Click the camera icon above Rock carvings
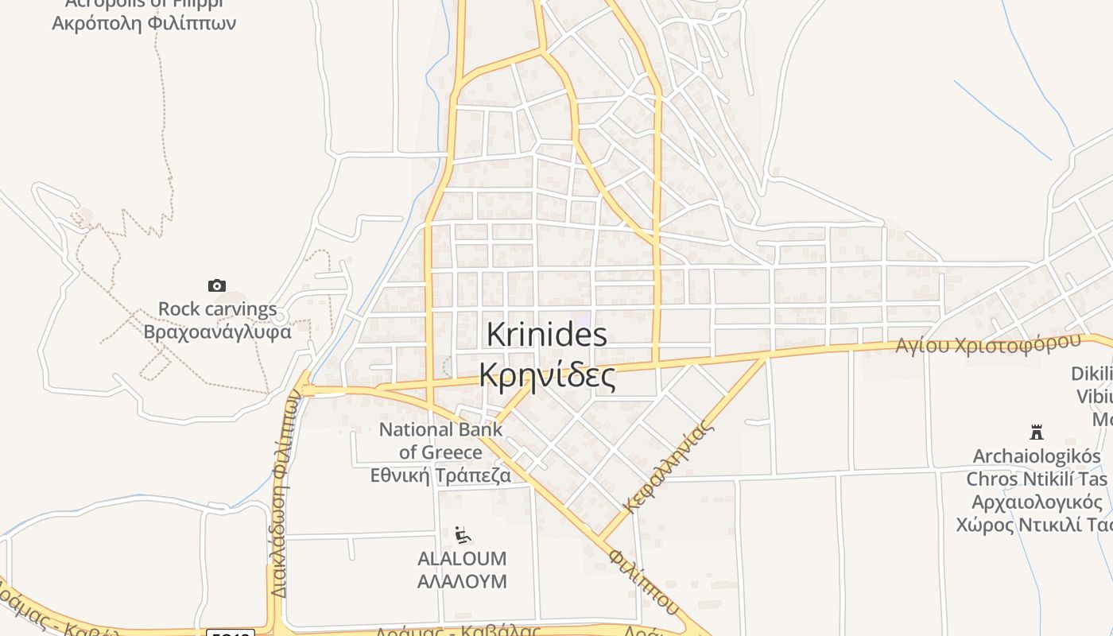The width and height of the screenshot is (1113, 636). click(x=216, y=286)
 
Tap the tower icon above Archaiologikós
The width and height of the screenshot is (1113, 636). click(x=1036, y=432)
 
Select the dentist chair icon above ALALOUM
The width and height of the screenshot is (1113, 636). click(x=463, y=535)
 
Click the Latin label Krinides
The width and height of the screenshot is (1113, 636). click(x=546, y=335)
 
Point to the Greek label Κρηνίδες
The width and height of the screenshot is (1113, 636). click(x=547, y=374)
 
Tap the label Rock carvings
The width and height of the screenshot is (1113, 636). click(x=217, y=309)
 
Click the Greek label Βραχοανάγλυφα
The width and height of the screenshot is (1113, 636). click(x=217, y=332)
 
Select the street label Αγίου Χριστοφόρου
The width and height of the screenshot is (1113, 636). click(x=988, y=344)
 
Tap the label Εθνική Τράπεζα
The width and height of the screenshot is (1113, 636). click(x=440, y=475)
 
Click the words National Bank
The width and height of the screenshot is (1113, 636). click(x=440, y=430)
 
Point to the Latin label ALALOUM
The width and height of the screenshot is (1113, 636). click(x=462, y=559)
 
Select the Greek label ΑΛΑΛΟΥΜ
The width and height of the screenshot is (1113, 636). click(x=462, y=581)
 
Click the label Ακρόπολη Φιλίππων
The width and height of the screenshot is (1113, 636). click(x=144, y=23)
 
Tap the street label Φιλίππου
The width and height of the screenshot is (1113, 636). click(x=645, y=581)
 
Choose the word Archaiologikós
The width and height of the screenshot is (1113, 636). click(x=1037, y=456)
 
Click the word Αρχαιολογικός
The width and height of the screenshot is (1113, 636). click(x=1037, y=502)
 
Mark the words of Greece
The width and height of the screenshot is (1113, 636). click(x=440, y=452)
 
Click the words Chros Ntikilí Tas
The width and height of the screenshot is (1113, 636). click(x=1037, y=479)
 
